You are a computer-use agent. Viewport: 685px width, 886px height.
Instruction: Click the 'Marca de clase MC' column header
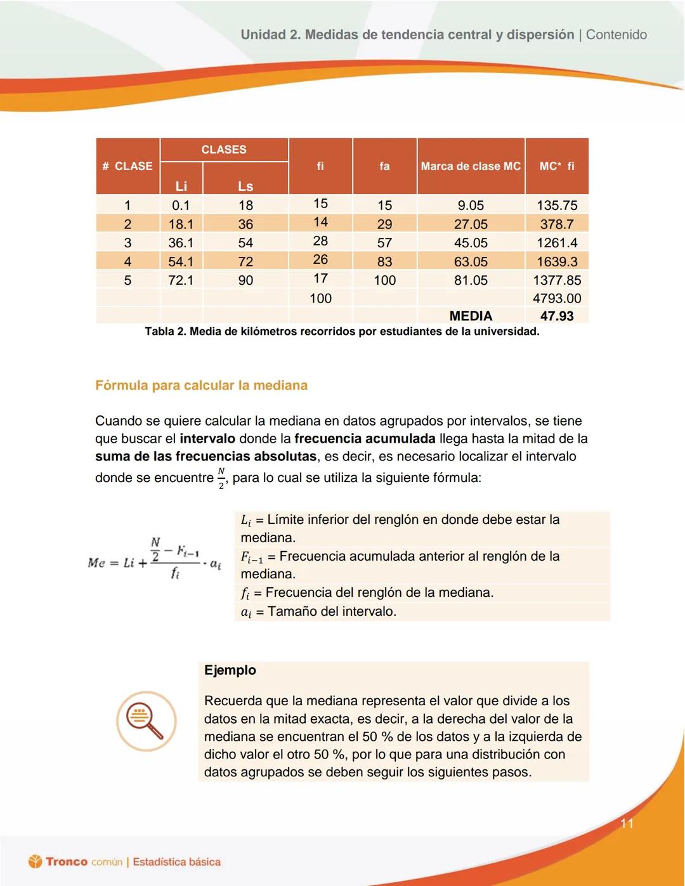[471, 166]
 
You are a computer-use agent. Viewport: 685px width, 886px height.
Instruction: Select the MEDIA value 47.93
[557, 316]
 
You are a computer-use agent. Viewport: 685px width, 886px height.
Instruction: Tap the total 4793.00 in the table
[557, 298]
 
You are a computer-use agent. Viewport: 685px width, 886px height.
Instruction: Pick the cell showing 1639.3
[557, 261]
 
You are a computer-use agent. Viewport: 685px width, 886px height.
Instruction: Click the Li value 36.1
[181, 243]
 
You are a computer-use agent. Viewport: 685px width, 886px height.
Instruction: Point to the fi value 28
[320, 241]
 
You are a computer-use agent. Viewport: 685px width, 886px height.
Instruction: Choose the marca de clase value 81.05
[471, 280]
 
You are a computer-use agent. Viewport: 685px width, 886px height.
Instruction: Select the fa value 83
[384, 261]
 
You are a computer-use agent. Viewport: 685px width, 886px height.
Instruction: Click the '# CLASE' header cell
[127, 166]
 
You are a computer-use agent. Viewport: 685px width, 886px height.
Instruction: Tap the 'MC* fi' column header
[557, 166]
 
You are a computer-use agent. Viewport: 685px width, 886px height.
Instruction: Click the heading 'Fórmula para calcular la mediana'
[201, 386]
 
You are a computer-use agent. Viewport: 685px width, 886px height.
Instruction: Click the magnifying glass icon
[146, 721]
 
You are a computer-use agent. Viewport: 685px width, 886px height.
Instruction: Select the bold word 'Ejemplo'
[230, 670]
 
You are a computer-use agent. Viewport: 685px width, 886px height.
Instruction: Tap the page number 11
[627, 824]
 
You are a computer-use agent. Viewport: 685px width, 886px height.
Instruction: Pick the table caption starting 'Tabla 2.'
[342, 332]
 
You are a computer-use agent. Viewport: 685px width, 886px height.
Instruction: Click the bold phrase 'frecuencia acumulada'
[365, 439]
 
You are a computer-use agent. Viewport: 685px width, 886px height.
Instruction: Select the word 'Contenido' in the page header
[616, 35]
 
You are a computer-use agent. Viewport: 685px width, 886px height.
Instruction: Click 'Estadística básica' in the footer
[177, 862]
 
